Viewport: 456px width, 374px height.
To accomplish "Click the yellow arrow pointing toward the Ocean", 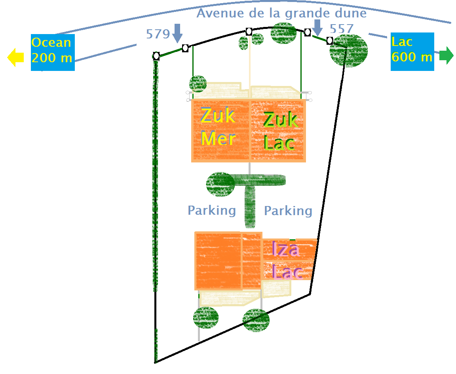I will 15,57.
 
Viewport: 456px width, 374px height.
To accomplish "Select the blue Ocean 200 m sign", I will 52,50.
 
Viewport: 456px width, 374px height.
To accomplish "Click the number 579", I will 158,34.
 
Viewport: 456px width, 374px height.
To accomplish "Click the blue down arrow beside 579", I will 177,33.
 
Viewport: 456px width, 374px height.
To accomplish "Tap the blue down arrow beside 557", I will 317,27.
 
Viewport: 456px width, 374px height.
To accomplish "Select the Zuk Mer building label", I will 218,127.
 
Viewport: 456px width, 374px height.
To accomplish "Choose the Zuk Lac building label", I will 279,131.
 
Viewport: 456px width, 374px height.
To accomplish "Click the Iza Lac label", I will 287,261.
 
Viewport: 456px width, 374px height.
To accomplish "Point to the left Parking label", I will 211,210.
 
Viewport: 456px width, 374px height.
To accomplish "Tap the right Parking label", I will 288,210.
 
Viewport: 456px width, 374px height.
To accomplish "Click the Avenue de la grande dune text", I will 281,13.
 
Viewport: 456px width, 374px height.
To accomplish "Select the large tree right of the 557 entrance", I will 349,50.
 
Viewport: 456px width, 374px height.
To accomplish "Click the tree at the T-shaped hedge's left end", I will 220,184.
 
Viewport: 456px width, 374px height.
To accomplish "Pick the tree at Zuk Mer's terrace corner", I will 198,84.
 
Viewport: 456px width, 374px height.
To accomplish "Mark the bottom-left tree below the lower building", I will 205,317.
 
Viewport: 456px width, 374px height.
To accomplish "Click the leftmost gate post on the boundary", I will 156,56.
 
